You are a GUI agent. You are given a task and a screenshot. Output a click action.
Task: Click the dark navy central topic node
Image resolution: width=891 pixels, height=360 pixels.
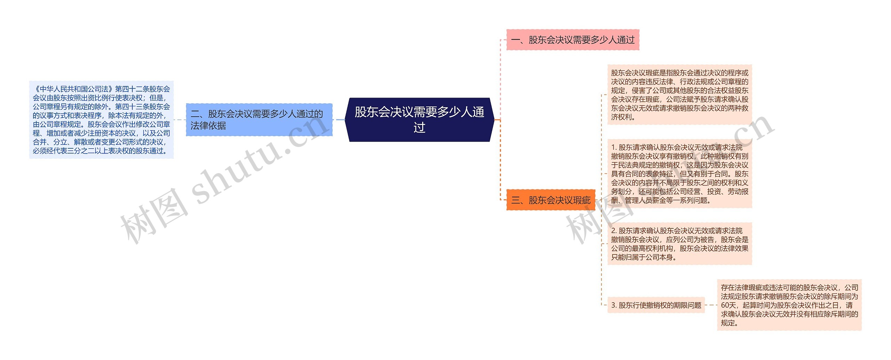click(x=419, y=120)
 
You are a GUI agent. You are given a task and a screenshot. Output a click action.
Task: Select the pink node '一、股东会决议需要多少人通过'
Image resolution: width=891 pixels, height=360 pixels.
click(x=573, y=40)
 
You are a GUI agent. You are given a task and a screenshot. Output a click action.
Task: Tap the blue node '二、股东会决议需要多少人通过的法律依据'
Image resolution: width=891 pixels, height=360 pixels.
click(x=259, y=120)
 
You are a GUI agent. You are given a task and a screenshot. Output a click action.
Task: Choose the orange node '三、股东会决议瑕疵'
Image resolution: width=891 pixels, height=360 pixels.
click(x=551, y=200)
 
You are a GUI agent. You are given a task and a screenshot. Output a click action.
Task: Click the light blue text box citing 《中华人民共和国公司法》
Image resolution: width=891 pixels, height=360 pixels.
click(x=101, y=120)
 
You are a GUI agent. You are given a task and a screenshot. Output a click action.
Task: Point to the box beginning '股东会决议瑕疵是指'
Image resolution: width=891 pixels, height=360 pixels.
click(x=679, y=95)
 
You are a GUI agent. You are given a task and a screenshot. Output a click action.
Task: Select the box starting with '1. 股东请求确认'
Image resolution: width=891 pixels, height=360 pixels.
click(x=679, y=174)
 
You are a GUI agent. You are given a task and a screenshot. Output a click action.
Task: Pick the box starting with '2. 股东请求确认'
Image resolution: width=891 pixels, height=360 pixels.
click(x=679, y=244)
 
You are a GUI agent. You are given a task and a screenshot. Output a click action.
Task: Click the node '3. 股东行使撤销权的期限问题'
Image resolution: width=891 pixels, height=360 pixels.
click(x=656, y=305)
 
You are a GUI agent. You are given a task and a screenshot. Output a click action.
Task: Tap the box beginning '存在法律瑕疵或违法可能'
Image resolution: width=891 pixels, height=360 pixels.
click(x=789, y=305)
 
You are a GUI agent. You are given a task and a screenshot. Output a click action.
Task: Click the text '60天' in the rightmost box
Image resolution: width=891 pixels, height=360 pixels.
click(x=729, y=305)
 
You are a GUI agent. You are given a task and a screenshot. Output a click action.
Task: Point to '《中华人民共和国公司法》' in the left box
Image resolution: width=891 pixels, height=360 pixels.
click(x=73, y=89)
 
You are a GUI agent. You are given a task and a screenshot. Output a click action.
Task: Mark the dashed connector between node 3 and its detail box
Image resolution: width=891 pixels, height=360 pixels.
click(x=711, y=305)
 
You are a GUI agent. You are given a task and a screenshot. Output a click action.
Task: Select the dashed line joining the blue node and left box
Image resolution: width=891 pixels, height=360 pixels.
click(x=180, y=120)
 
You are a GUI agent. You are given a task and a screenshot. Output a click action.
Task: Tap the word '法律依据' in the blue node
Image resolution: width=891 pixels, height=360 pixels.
click(x=208, y=126)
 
